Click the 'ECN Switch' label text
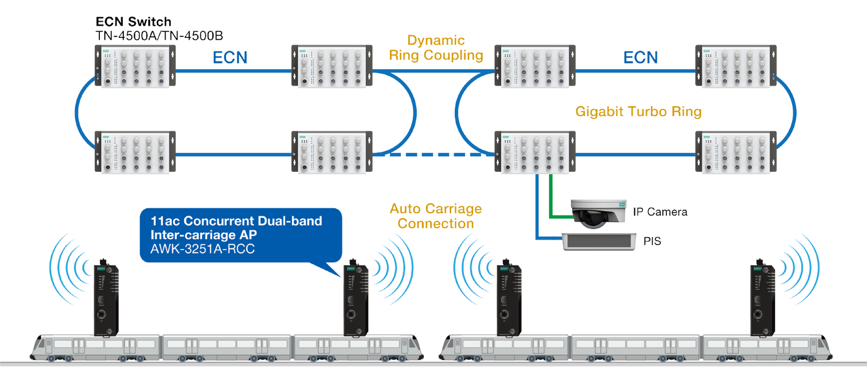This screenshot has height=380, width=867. click(134, 22)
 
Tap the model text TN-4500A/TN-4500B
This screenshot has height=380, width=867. click(159, 35)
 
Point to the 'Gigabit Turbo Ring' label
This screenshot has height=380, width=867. click(638, 111)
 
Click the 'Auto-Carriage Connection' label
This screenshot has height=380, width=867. click(435, 216)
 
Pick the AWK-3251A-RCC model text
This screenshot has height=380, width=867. click(202, 249)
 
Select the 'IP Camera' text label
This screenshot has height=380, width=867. click(661, 211)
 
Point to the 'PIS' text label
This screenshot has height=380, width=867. click(653, 241)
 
